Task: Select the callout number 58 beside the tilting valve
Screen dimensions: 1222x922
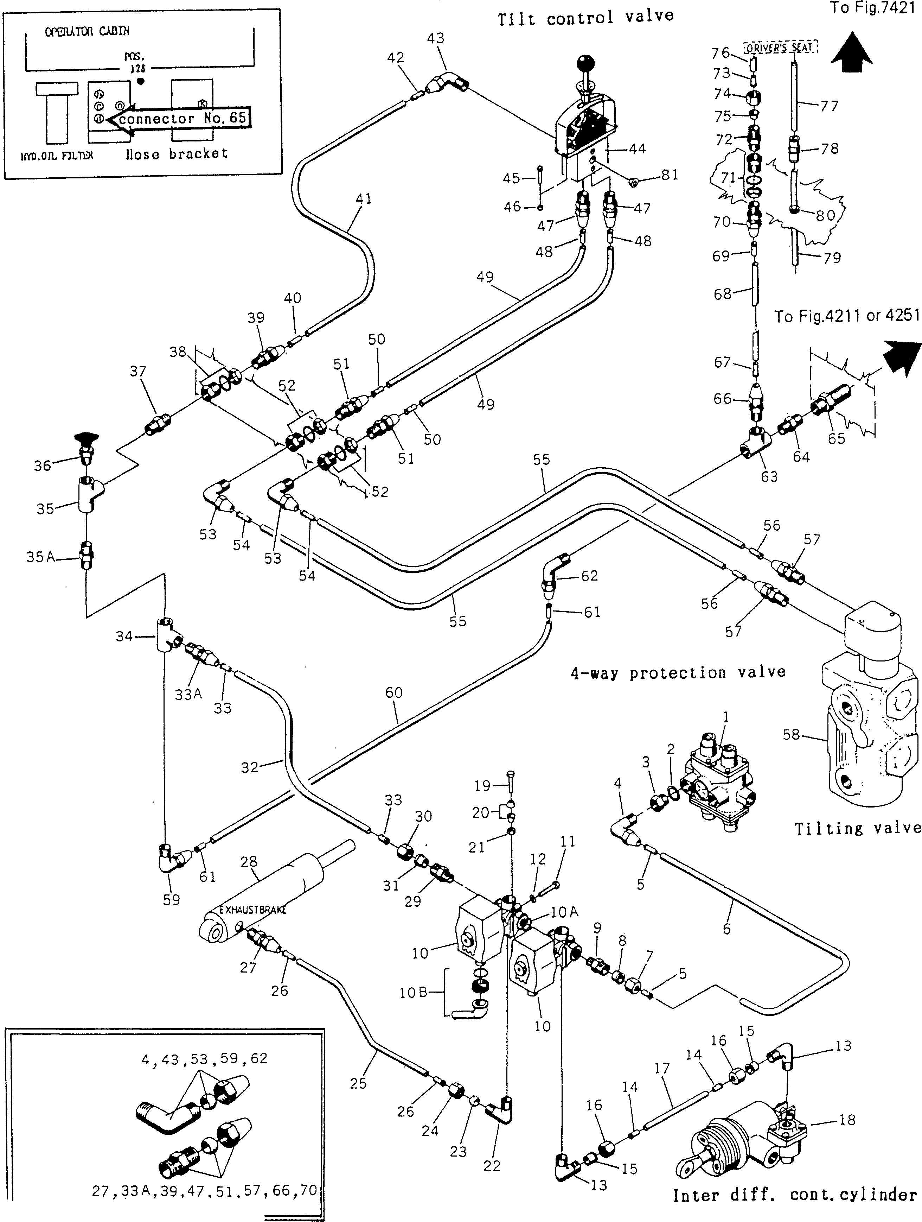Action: tap(791, 734)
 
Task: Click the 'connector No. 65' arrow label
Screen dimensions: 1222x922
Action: tap(181, 118)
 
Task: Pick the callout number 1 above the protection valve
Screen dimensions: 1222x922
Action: tap(725, 717)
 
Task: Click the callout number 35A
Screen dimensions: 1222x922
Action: tap(40, 557)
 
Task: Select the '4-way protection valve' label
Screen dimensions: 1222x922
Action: tap(677, 672)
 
